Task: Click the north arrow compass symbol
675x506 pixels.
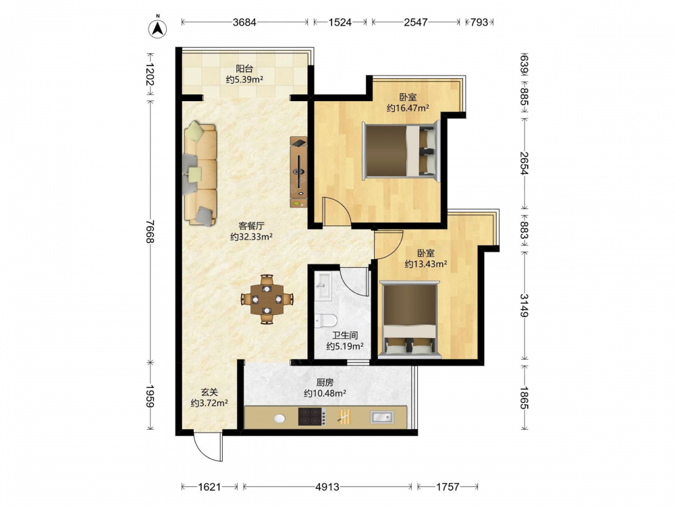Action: click(157, 28)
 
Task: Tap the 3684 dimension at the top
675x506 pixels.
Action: click(244, 22)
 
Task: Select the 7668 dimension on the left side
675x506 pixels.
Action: click(150, 231)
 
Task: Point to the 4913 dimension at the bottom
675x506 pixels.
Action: click(327, 486)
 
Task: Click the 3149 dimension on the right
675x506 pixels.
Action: click(524, 305)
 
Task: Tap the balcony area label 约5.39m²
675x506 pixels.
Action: click(244, 80)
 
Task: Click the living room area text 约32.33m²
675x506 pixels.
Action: click(251, 237)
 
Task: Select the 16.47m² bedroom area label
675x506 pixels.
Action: click(407, 108)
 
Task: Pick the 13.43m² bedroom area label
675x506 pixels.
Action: click(425, 264)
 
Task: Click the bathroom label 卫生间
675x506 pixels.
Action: click(345, 335)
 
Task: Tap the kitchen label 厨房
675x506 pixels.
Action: click(325, 383)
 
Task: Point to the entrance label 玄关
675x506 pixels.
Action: click(210, 393)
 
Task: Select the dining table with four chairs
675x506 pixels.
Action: click(267, 299)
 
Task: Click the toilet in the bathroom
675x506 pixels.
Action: click(325, 320)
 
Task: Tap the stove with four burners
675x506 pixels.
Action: click(312, 416)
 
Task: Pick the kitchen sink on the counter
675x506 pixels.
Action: click(381, 416)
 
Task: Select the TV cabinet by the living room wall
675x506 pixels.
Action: click(299, 172)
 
